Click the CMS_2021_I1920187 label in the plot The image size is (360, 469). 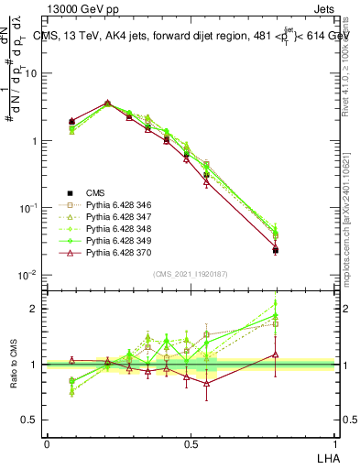coord(190,274)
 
